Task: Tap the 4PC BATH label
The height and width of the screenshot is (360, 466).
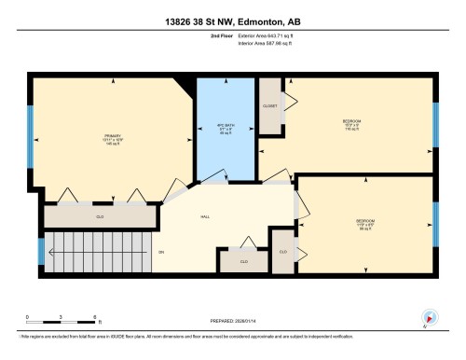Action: pos(223,128)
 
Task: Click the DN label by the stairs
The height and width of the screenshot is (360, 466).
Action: pos(160,252)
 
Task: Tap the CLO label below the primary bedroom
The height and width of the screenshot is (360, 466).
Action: pos(100,216)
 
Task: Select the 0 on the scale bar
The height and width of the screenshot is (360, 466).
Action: pos(28,318)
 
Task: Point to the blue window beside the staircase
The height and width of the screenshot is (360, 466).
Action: pos(40,251)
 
